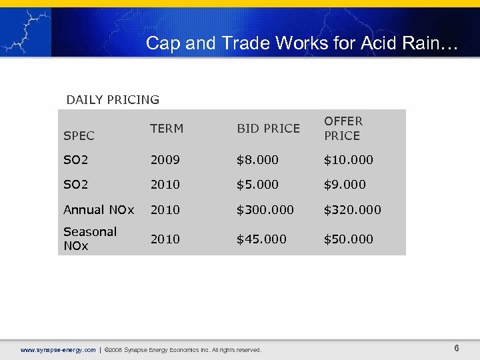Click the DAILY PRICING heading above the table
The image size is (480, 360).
coord(113,100)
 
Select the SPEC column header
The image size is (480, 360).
coord(79,135)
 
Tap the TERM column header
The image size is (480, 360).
coord(167,129)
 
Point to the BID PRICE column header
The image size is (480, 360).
coord(268,129)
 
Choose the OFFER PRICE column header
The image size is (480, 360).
coord(343,128)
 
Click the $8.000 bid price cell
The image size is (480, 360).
coord(257,160)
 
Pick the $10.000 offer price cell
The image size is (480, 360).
coord(348,160)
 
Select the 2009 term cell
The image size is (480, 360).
coord(165,160)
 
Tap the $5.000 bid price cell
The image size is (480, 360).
coord(257,185)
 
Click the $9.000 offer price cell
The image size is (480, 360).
coord(345,185)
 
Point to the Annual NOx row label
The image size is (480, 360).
coord(99,209)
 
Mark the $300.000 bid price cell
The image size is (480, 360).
coord(265,209)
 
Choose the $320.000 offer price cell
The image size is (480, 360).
coord(352,209)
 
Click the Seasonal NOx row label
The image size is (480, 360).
coord(90,239)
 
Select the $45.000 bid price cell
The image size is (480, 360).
coord(261,239)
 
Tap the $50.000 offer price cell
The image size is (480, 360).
coord(348,239)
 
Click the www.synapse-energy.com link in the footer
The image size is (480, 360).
coord(58,350)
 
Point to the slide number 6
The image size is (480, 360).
coord(457,349)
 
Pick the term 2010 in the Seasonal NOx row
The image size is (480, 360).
coord(165,239)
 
